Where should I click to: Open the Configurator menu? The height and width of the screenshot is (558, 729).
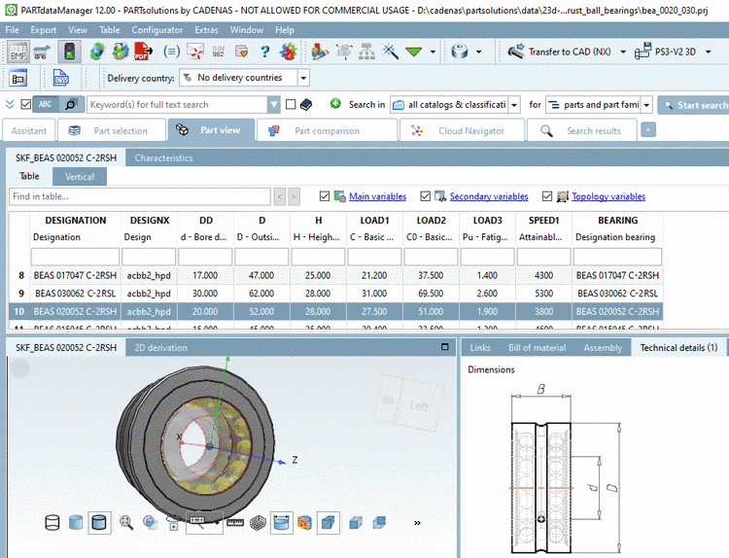coord(156,30)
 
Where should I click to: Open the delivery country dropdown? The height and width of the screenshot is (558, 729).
coord(303,78)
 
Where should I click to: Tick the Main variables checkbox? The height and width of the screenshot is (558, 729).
coord(325,196)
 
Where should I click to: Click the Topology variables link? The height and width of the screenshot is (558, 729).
coord(608,196)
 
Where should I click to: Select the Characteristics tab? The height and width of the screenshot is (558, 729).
coord(163,157)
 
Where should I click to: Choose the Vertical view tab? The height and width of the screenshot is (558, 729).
coord(80,177)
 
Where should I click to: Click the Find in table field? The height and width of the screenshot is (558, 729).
coord(140,196)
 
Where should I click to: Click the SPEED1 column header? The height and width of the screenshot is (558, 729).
coord(538,220)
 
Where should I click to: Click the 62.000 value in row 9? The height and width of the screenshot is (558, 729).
coord(261,293)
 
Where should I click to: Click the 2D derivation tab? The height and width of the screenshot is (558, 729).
coord(160,347)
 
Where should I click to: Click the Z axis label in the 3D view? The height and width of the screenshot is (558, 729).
coord(294,458)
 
